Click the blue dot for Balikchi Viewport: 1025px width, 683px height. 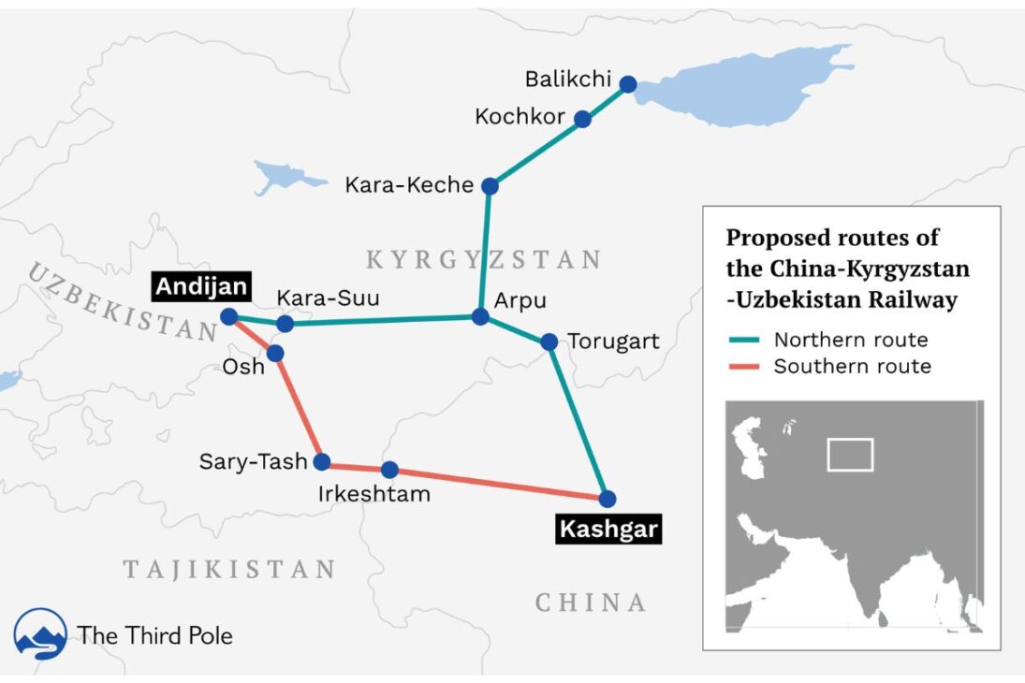click(628, 84)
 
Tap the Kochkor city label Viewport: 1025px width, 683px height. click(520, 117)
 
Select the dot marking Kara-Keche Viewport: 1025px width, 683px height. click(490, 186)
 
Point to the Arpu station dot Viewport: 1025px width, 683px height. click(480, 317)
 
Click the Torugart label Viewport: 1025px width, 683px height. click(614, 341)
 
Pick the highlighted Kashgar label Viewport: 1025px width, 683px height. click(608, 530)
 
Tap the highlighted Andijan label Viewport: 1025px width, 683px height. click(201, 287)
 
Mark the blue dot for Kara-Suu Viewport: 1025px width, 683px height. click(286, 324)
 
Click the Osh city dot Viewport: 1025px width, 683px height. click(275, 353)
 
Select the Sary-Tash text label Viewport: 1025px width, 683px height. click(253, 461)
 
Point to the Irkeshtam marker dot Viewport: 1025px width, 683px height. click(389, 470)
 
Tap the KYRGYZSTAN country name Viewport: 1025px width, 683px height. click(483, 259)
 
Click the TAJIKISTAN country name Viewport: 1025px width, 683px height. click(229, 569)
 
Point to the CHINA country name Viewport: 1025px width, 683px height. click(591, 603)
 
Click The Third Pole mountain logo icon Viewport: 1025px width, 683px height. click(40, 634)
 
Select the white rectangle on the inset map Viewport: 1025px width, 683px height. click(850, 455)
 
